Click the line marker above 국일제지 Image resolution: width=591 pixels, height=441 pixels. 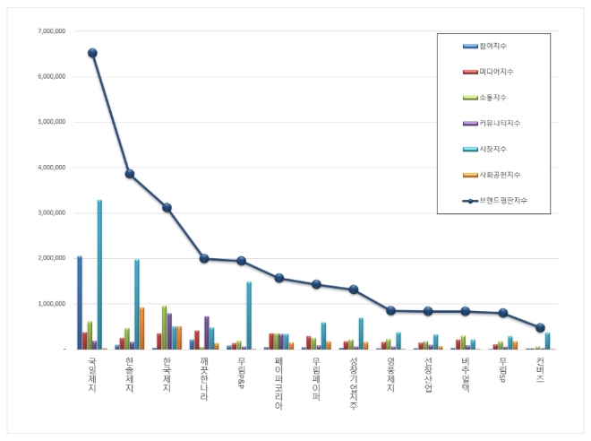pos(92,53)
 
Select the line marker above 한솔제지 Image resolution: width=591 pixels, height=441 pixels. pos(130,174)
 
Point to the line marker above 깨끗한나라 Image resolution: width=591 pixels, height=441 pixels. pos(204,258)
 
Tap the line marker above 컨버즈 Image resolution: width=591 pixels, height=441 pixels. pos(540,328)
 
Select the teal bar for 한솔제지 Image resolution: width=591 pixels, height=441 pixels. pos(137,304)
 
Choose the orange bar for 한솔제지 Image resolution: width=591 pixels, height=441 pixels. pos(142,328)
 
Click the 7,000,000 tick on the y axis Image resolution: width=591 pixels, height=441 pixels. pos(52,31)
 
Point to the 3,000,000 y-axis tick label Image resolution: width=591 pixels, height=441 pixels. pos(52,213)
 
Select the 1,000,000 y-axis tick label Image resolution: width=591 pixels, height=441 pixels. pos(52,304)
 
